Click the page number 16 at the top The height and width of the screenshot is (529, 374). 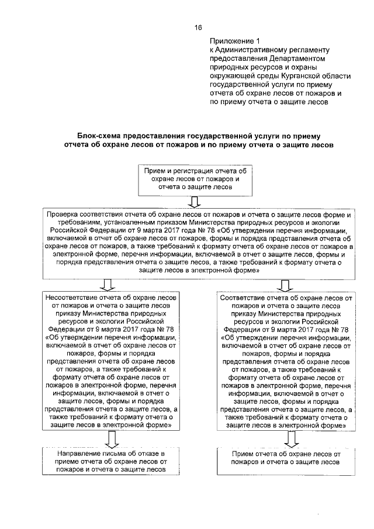tap(198, 27)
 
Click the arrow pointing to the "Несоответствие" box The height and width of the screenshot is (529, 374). tap(107, 285)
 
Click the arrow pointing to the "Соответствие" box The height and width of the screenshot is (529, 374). tap(286, 285)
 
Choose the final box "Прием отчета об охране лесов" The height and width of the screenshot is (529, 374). tap(285, 458)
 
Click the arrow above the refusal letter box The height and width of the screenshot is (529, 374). tap(107, 438)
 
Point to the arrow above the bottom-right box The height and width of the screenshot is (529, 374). tap(286, 438)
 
